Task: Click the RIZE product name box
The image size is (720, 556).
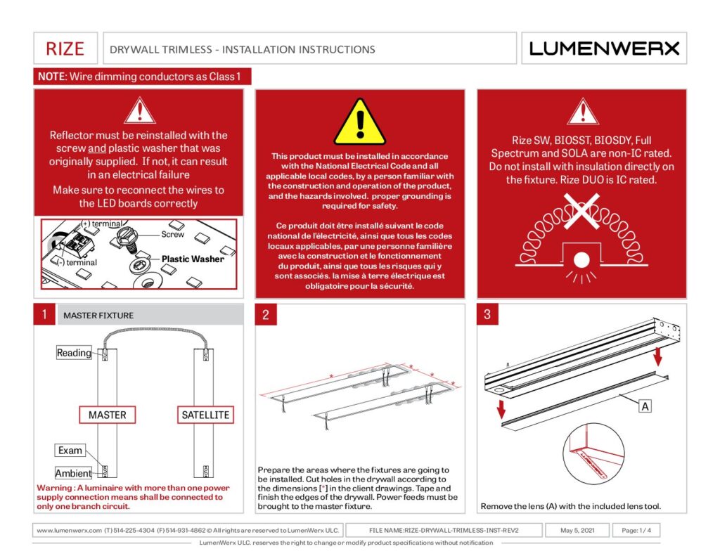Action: pos(65,49)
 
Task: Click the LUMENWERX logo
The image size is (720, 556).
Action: pos(604,49)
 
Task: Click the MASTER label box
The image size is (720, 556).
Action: pos(108,415)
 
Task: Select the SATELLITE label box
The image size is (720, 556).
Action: pos(205,415)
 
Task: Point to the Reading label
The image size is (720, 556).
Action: pos(74,353)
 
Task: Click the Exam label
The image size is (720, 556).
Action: pos(70,450)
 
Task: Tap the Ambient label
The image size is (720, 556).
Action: pos(74,473)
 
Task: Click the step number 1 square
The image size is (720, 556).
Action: pos(44,315)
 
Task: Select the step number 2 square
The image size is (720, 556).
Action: pos(265,315)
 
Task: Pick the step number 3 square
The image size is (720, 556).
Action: pos(487,315)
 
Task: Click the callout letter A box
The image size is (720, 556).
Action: pos(643,406)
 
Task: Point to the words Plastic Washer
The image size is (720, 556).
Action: pos(193,259)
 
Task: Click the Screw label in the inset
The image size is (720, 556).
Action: pos(173,234)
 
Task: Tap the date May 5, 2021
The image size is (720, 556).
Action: pos(578,531)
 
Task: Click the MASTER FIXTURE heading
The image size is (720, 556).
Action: pos(98,316)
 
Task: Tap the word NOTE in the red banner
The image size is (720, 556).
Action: pos(51,76)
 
